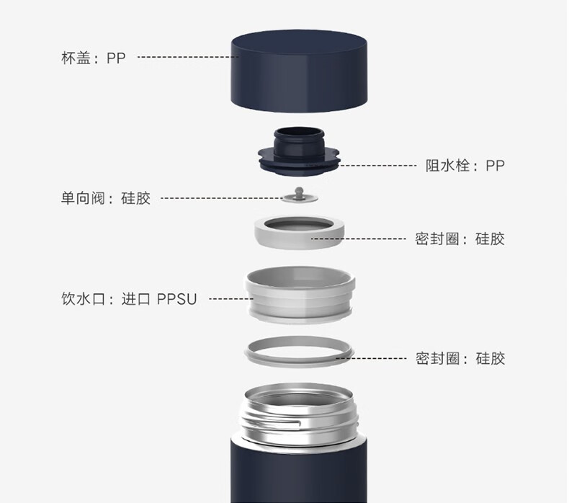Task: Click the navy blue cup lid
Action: tap(299, 71)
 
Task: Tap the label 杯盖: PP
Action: tap(93, 58)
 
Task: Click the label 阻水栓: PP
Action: tap(465, 166)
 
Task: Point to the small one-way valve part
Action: tap(299, 195)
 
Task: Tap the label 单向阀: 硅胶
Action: tap(106, 198)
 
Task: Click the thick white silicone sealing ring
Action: tap(299, 233)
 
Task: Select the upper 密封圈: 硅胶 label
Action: tap(460, 239)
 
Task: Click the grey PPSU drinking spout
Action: tap(300, 294)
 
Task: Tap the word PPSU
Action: tap(176, 299)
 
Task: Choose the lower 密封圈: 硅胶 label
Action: tap(460, 358)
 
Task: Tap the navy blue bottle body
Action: tap(299, 472)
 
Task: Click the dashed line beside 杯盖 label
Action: tap(188, 57)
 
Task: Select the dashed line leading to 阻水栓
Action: tap(377, 166)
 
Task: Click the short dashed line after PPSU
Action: tap(231, 299)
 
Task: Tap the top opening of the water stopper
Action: tap(299, 132)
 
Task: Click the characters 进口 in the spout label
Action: tap(135, 299)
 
